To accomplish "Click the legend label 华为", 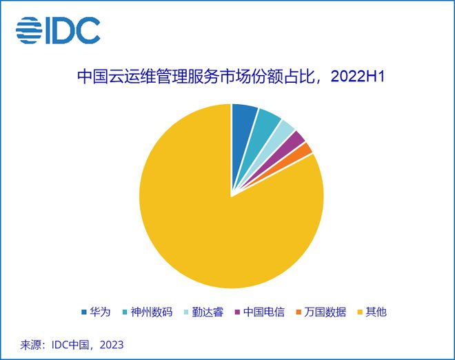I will point(101,312).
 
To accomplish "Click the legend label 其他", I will point(376,312).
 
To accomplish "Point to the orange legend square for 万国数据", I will point(298,312).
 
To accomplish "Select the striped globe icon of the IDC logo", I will point(29,30).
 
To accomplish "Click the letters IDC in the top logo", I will point(72,30).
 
